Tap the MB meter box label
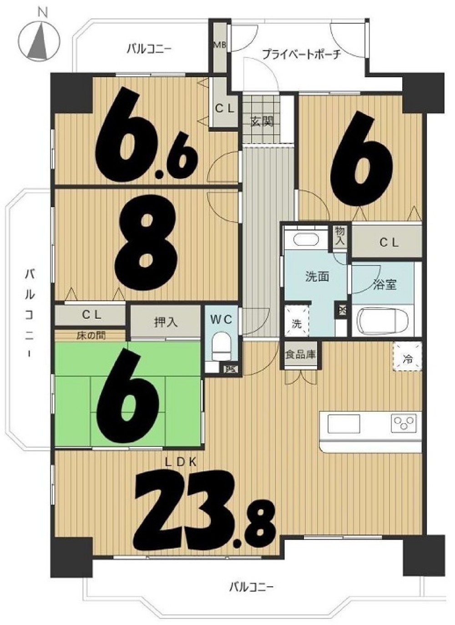click(220, 45)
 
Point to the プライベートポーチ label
click(302, 54)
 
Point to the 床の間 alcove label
click(91, 335)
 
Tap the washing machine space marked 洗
click(297, 320)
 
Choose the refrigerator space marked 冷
click(407, 356)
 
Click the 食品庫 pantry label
click(300, 355)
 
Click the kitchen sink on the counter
click(344, 424)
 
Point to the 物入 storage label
click(339, 236)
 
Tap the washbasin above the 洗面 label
click(306, 239)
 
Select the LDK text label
click(181, 463)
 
